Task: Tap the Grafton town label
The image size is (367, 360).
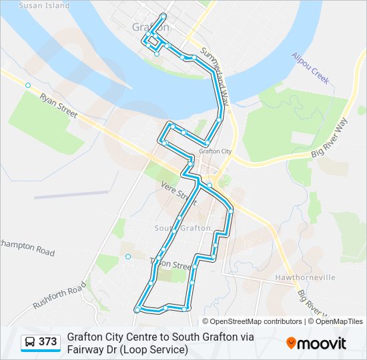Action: coord(146,28)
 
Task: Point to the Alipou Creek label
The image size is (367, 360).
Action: coord(310,69)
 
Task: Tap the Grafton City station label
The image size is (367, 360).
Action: coord(215,151)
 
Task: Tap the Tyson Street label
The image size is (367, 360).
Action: coord(172,264)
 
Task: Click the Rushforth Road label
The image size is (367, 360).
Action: coord(60,295)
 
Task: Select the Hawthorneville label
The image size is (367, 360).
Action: coord(304,277)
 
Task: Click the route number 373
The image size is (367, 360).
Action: coord(47,342)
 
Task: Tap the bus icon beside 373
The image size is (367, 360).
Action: coord(29,342)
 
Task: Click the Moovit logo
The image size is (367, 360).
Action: coord(316,343)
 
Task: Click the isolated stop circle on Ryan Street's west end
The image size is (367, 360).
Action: coord(28,85)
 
